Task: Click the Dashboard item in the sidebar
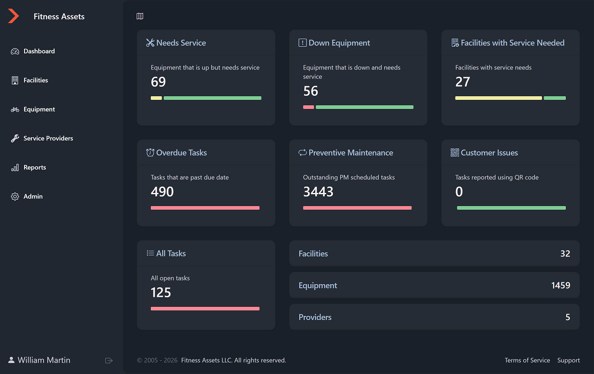pos(39,51)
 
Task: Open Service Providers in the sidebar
pos(48,138)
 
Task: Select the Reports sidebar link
pos(35,167)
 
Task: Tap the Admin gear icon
pos(15,197)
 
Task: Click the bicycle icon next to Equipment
pos(15,109)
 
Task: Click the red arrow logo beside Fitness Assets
pos(14,16)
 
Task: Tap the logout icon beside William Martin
pos(109,360)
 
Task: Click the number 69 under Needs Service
pos(158,82)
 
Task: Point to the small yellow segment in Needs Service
pos(156,98)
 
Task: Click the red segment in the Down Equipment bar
pos(308,107)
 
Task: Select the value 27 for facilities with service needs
pos(462,82)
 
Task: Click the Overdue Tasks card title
pos(181,153)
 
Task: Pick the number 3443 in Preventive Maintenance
pos(318,192)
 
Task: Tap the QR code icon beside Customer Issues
pos(455,153)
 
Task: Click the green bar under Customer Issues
pos(511,208)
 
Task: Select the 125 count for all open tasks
pos(161,293)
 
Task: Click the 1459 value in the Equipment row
pos(560,285)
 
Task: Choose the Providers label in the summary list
pos(315,317)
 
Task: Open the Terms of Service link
pos(527,360)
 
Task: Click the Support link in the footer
pos(568,360)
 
